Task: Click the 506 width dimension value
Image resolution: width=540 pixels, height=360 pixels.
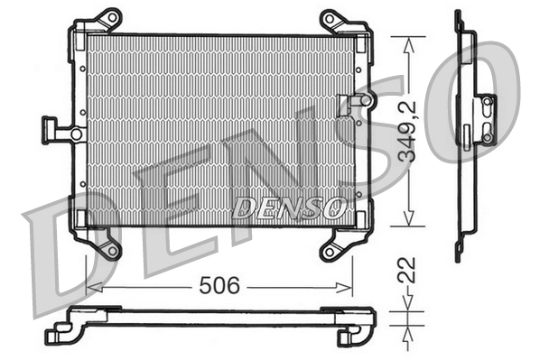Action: point(219,287)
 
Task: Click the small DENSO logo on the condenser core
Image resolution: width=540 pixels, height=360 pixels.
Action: point(289,208)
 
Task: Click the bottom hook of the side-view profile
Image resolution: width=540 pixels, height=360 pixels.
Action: point(458,251)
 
